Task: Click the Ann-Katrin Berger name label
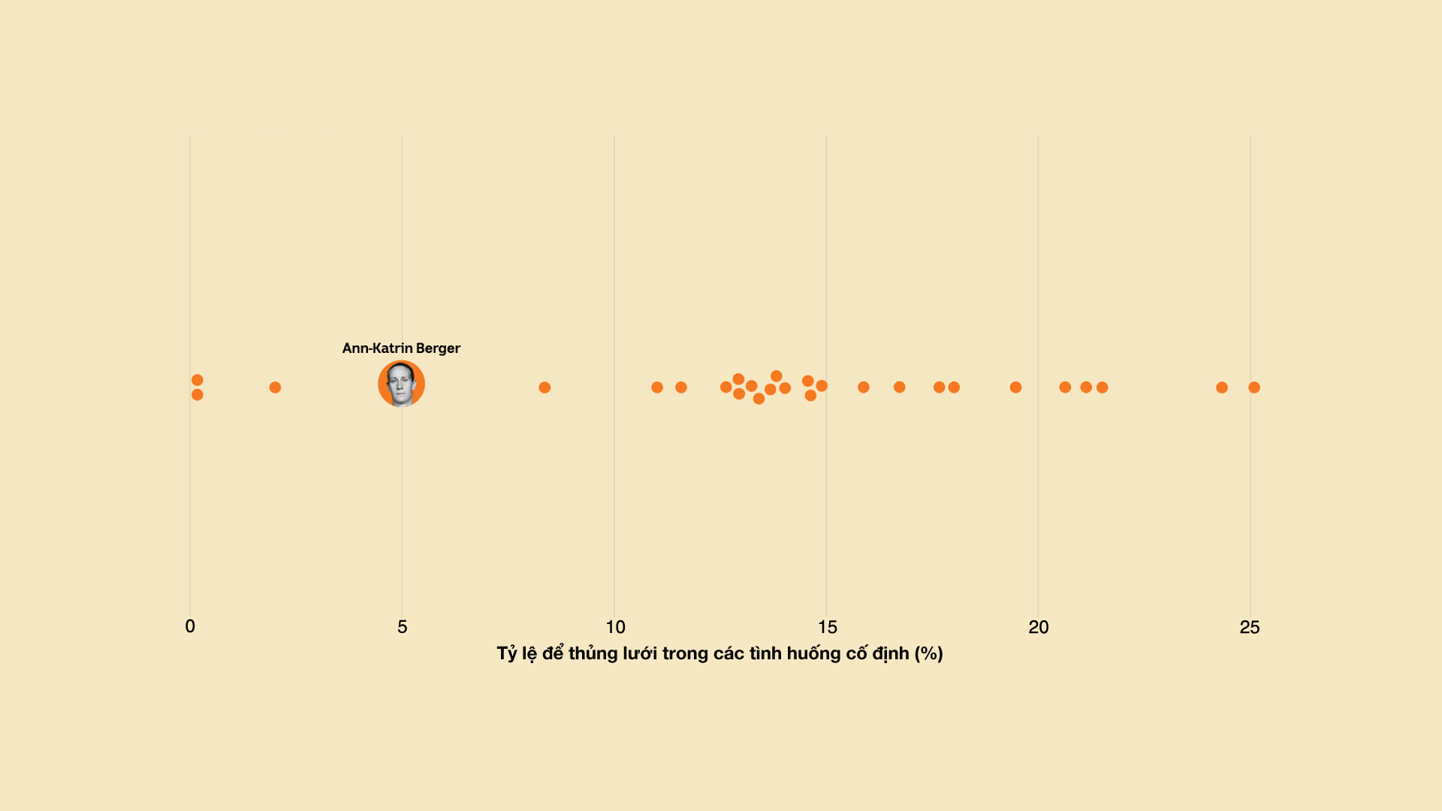[x=401, y=348]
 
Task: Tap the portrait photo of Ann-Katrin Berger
[x=401, y=384]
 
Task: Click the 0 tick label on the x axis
[x=190, y=627]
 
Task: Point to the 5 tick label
[x=403, y=627]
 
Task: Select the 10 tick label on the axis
[x=615, y=627]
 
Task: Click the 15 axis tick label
[x=827, y=627]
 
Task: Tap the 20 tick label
[x=1039, y=627]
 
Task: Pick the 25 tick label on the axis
[x=1250, y=627]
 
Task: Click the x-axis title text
[x=719, y=653]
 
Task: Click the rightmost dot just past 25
[x=1254, y=387]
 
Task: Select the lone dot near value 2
[x=275, y=387]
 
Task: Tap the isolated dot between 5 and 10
[x=545, y=387]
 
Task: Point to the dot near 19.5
[x=1015, y=387]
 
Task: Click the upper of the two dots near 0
[x=198, y=380]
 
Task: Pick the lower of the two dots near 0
[x=198, y=395]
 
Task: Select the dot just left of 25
[x=1222, y=387]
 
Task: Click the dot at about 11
[x=657, y=387]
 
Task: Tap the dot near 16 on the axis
[x=864, y=387]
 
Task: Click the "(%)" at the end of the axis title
[x=928, y=653]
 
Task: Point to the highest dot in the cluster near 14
[x=777, y=376]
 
